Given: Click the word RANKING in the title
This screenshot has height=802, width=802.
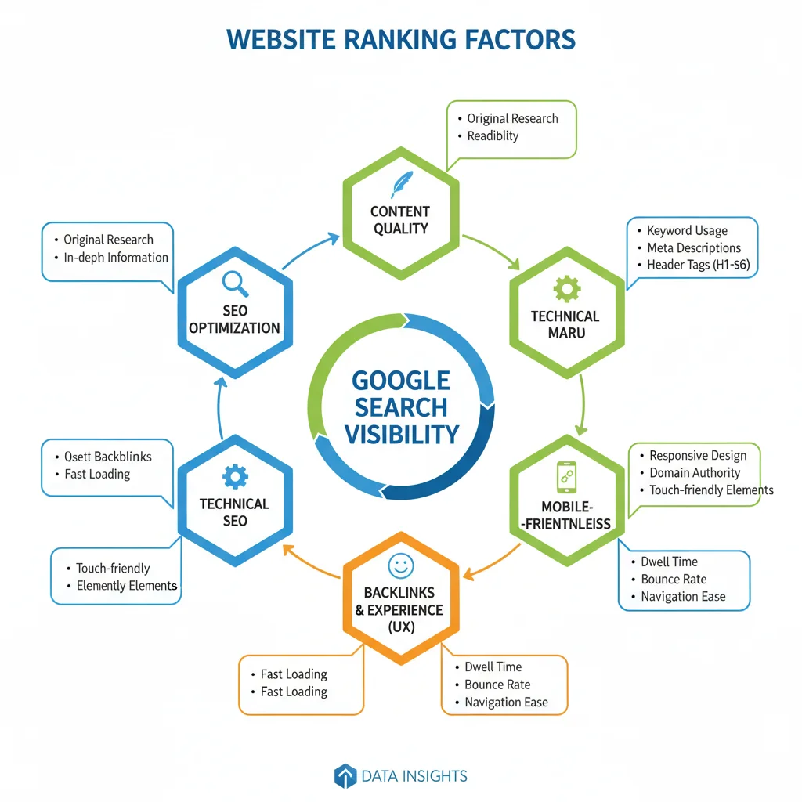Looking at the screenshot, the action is pyautogui.click(x=400, y=40).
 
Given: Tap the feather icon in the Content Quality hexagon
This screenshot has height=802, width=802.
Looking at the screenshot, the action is pyautogui.click(x=402, y=184).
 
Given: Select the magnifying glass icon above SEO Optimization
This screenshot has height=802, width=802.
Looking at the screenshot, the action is pyautogui.click(x=235, y=284).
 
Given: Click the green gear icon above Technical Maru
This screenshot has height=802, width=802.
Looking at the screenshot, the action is pyautogui.click(x=567, y=289).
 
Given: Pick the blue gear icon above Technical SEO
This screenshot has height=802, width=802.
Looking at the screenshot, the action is pyautogui.click(x=235, y=477).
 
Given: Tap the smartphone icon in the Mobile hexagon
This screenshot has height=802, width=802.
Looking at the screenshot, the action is pyautogui.click(x=567, y=477).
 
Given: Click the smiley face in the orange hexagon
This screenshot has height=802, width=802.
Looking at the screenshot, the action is pyautogui.click(x=401, y=566).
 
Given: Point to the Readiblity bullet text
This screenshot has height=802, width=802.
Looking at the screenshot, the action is pyautogui.click(x=493, y=136).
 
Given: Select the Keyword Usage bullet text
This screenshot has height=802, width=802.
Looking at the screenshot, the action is pyautogui.click(x=687, y=231).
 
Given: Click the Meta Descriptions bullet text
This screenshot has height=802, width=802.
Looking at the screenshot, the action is pyautogui.click(x=694, y=248).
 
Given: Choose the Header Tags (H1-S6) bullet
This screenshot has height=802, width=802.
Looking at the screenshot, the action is pyautogui.click(x=698, y=265).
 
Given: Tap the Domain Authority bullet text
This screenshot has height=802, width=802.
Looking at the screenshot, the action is pyautogui.click(x=695, y=472).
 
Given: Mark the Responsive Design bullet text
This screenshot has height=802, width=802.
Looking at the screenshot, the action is pyautogui.click(x=698, y=455).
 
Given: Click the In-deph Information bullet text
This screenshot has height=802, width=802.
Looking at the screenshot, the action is pyautogui.click(x=116, y=257).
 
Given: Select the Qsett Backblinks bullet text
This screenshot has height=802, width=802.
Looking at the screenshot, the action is pyautogui.click(x=108, y=457).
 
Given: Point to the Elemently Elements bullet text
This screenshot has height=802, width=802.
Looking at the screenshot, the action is pyautogui.click(x=127, y=586).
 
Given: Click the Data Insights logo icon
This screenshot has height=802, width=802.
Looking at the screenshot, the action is pyautogui.click(x=345, y=776).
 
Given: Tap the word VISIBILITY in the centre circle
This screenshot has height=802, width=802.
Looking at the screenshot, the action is pyautogui.click(x=402, y=435).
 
